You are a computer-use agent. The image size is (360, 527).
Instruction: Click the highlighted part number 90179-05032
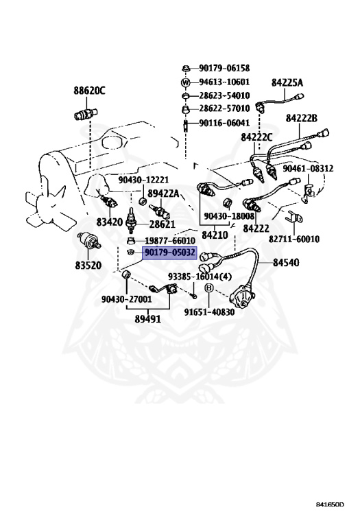tap(170, 252)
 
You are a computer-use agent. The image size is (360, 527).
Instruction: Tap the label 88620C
tap(89, 91)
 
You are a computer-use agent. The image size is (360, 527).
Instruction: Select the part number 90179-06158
tap(224, 68)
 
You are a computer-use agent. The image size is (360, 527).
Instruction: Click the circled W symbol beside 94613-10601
tap(186, 82)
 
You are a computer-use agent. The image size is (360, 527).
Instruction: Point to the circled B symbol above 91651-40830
tap(209, 288)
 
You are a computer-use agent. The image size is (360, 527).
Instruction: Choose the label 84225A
tap(287, 82)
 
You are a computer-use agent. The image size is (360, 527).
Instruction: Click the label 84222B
tap(302, 118)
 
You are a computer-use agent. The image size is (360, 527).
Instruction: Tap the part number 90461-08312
tap(308, 168)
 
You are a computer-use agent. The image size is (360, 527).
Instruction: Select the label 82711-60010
tap(294, 239)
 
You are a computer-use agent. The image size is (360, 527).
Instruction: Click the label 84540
tap(286, 262)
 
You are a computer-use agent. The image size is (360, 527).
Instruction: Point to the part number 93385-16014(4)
tap(200, 277)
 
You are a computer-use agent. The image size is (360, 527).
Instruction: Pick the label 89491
tap(147, 318)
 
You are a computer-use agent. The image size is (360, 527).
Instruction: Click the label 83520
tap(88, 265)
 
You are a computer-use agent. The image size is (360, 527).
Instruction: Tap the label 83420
tap(110, 222)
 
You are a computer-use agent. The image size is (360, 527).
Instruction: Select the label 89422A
tap(163, 193)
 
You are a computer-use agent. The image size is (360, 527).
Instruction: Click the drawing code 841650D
tap(330, 504)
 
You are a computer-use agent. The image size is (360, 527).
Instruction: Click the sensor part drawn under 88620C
tap(85, 115)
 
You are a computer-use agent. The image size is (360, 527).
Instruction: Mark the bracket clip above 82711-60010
tap(294, 218)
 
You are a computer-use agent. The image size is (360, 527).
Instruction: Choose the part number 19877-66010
tap(170, 241)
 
